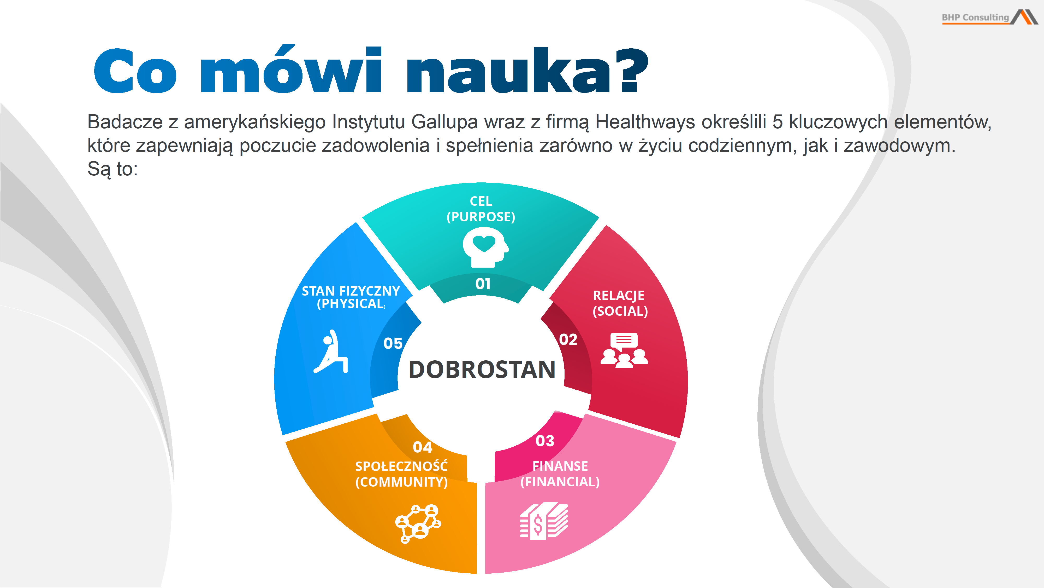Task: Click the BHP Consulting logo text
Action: point(975,18)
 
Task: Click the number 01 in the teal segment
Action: point(483,284)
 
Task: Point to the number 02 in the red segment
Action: point(568,339)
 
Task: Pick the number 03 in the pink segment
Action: point(545,441)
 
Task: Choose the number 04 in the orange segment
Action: point(422,447)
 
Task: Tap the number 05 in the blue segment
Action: point(393,343)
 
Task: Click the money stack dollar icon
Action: point(544,521)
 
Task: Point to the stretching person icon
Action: point(331,351)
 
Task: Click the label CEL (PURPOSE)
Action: point(481,209)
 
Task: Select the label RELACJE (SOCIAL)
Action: point(620,303)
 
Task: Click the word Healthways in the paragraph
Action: point(645,122)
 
